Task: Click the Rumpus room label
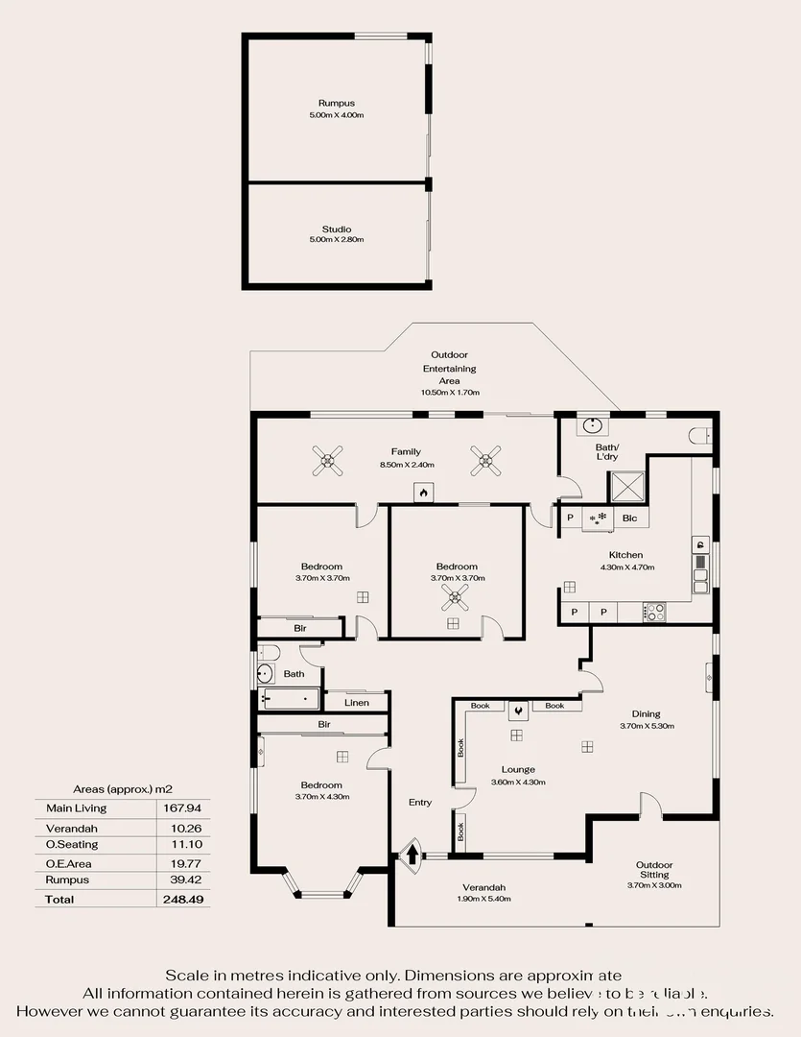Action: pos(336,103)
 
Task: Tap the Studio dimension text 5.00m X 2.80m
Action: pos(336,240)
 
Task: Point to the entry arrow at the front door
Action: pos(412,853)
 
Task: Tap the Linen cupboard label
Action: pos(357,703)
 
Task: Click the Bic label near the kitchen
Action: pos(629,518)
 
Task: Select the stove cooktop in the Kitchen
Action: pos(655,611)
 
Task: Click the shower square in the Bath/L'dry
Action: pos(629,490)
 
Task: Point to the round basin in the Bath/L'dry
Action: pos(589,425)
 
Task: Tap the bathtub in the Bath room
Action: pos(289,700)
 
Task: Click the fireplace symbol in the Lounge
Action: pos(519,711)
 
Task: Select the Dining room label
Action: pos(646,713)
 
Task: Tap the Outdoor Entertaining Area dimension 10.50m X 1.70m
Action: pos(450,393)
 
